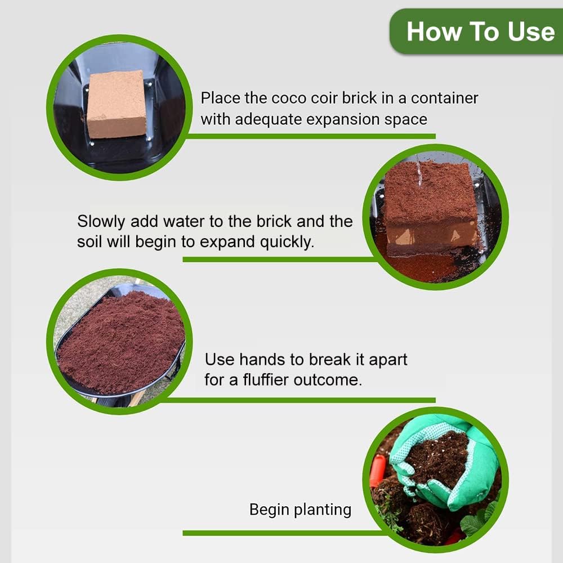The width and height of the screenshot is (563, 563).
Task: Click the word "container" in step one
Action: point(444,98)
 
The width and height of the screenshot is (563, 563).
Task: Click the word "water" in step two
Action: point(186,221)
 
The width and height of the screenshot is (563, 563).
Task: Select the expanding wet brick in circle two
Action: point(431,208)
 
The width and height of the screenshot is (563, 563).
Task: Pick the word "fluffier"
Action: point(267,379)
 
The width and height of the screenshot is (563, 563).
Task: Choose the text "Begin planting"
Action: point(300,510)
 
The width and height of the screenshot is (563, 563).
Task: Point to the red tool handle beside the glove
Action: point(378,471)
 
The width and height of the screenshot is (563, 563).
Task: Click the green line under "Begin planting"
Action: point(281,533)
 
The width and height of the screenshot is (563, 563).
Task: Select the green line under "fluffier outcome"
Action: point(298,400)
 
